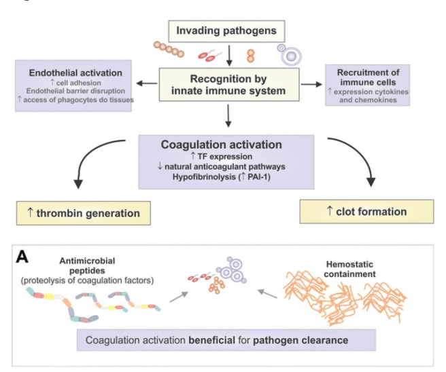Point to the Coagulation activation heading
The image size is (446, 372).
(x=226, y=144)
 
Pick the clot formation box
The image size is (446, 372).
(x=366, y=212)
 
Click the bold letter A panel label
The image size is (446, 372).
(x=22, y=258)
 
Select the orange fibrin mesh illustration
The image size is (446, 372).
(x=347, y=299)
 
